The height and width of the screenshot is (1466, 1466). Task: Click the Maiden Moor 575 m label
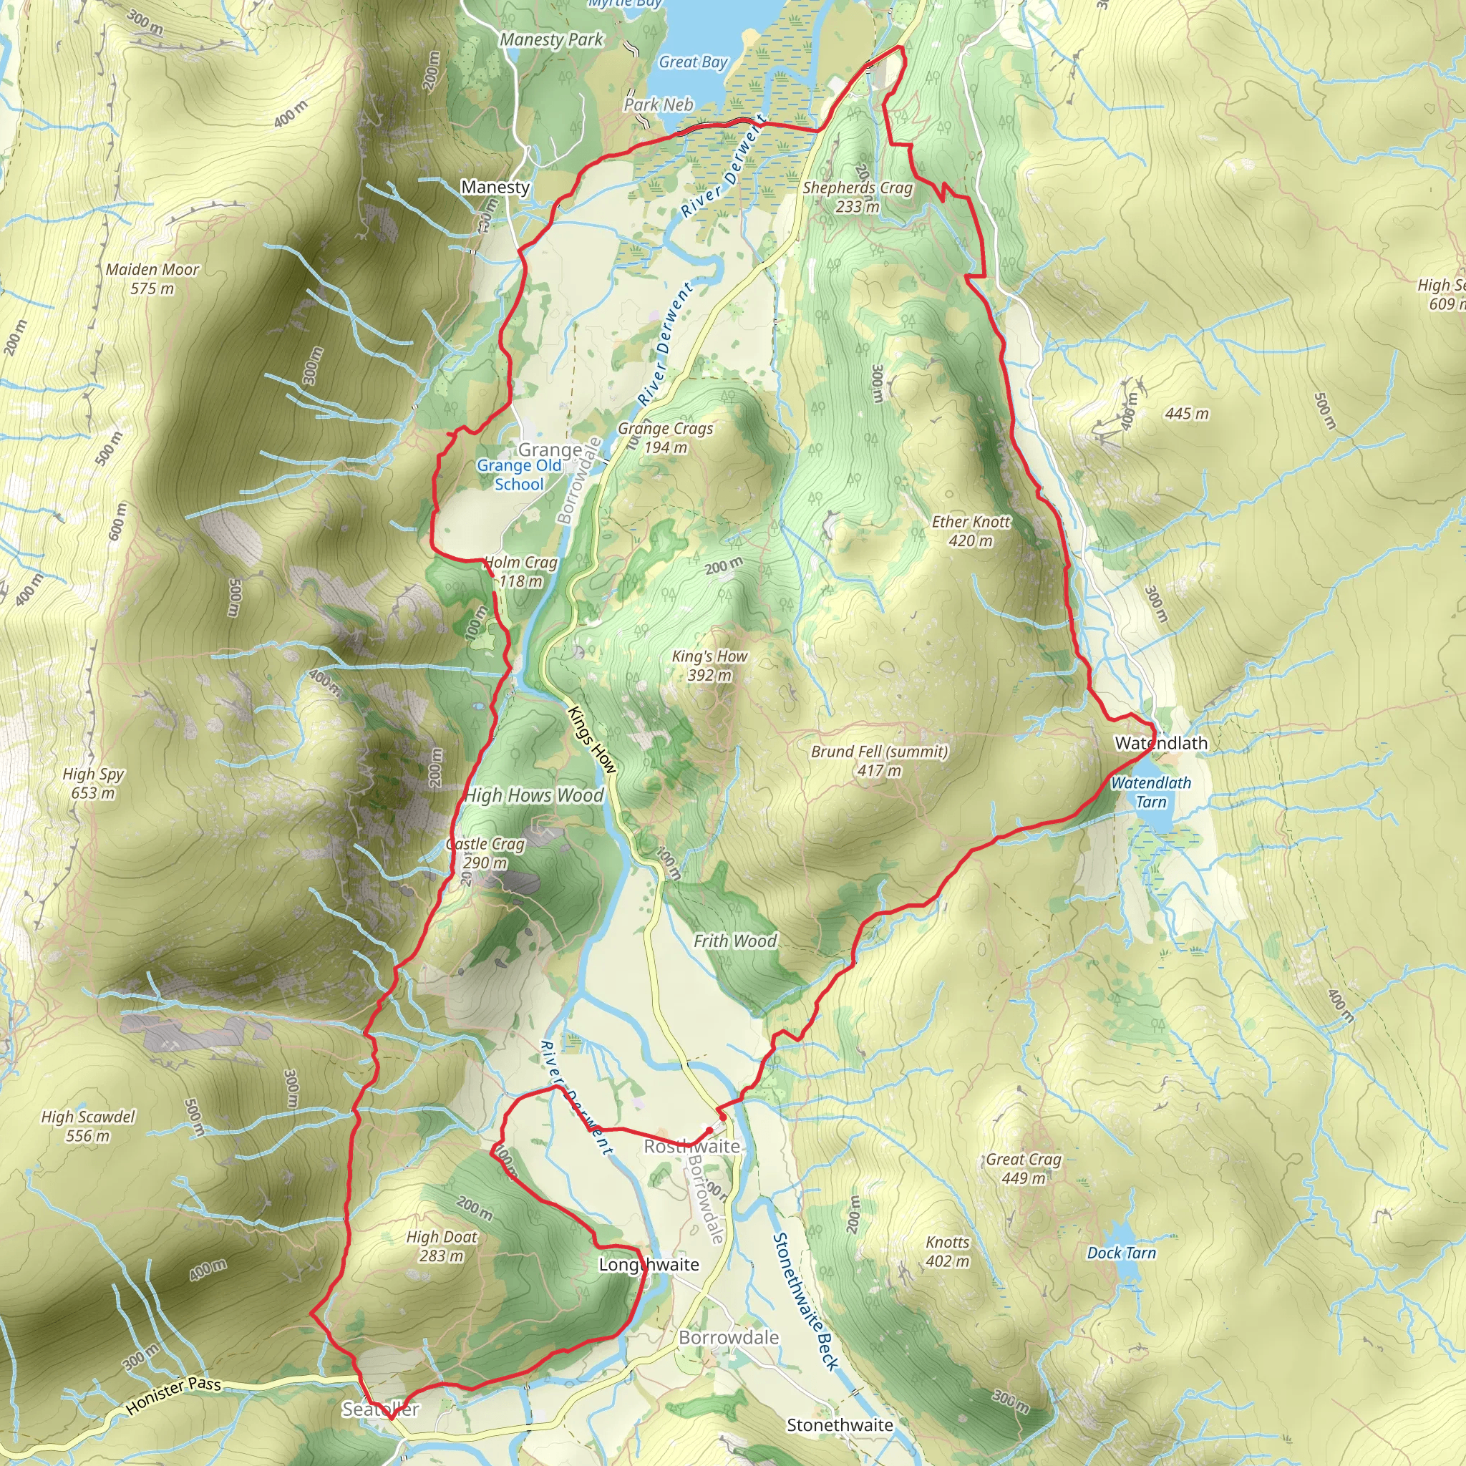(152, 278)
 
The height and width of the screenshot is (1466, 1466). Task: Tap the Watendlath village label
(1160, 743)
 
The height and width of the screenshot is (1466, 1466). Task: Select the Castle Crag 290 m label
(485, 853)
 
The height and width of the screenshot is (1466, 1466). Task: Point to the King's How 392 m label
(709, 666)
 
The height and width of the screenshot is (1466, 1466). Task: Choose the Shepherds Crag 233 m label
(858, 197)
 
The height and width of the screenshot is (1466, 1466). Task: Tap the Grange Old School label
(519, 475)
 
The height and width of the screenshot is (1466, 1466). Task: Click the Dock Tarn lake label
(1121, 1253)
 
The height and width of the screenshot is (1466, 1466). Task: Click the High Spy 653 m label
(92, 783)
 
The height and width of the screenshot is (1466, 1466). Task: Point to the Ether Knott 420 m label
(971, 530)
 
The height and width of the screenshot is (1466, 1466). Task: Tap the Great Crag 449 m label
(1023, 1168)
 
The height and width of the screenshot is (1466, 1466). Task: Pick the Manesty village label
(495, 187)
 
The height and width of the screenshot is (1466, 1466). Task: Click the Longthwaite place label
(649, 1264)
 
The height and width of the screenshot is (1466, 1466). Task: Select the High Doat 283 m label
(442, 1246)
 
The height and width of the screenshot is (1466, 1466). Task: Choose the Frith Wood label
(735, 941)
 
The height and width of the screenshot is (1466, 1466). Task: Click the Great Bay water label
(693, 62)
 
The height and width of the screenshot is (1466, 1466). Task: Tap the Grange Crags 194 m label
(666, 438)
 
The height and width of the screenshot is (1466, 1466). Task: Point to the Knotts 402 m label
(947, 1251)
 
